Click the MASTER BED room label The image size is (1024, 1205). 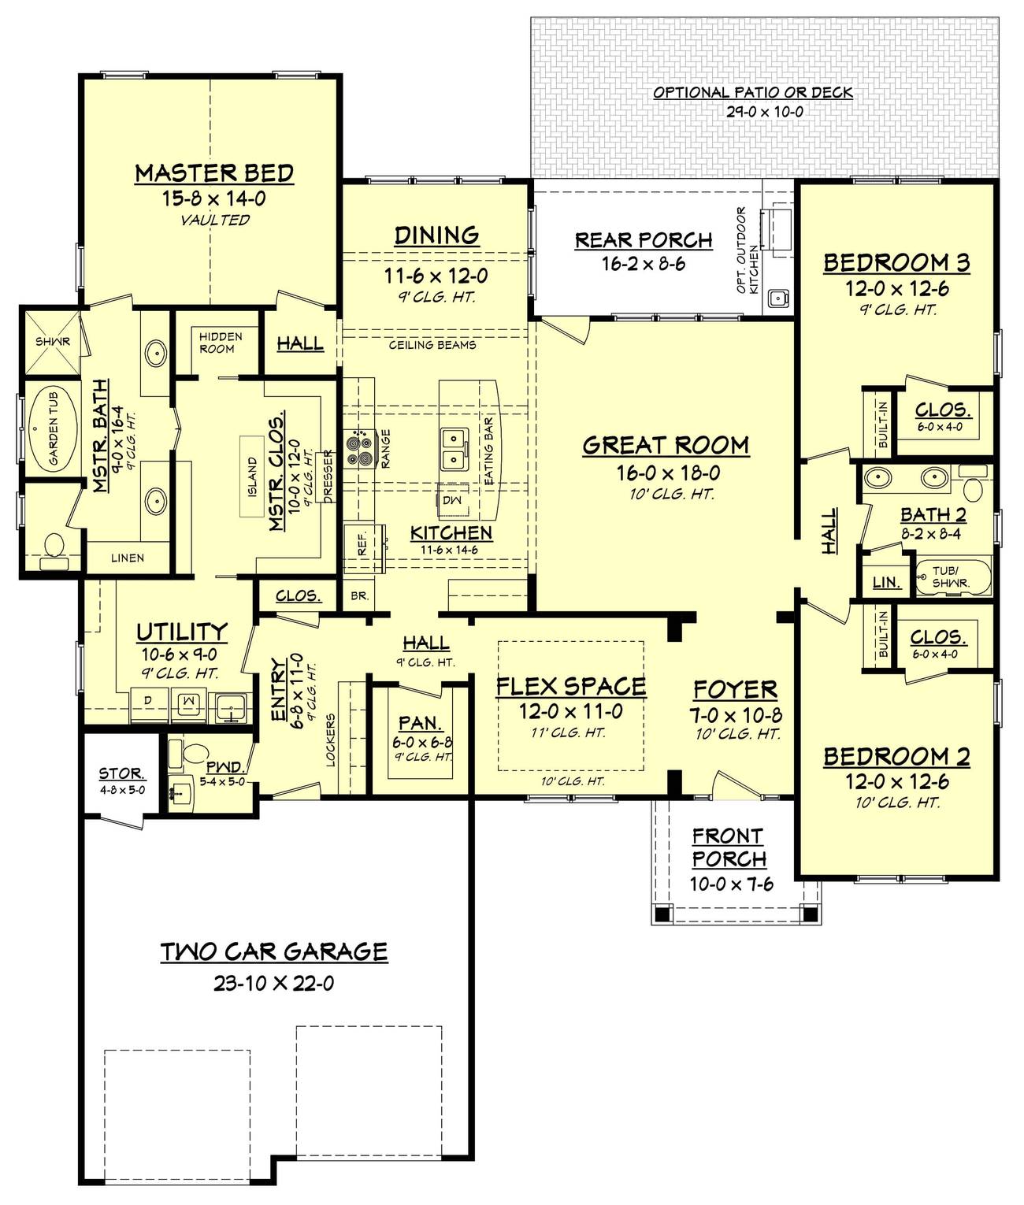click(214, 173)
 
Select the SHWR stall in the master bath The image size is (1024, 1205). click(52, 341)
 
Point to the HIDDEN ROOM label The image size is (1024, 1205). click(221, 343)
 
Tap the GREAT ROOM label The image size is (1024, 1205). click(666, 446)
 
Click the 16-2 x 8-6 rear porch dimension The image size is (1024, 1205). click(644, 265)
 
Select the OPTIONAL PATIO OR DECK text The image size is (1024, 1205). click(752, 93)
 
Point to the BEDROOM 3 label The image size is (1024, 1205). click(896, 263)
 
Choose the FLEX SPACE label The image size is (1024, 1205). click(571, 687)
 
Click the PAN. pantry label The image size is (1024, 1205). click(420, 723)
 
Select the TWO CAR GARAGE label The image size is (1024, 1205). click(274, 952)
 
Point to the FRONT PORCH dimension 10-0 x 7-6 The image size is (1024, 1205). click(731, 884)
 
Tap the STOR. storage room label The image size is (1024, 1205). click(121, 774)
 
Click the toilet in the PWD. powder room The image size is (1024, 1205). click(194, 755)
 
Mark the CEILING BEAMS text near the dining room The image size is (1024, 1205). click(432, 345)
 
